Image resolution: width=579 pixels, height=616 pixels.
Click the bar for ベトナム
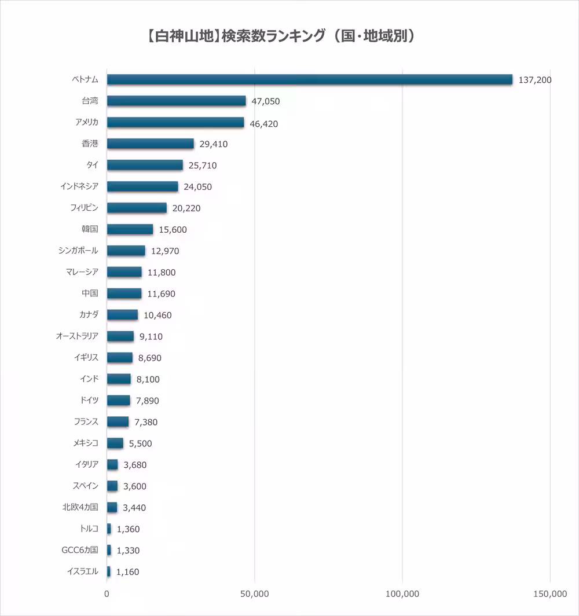[310, 79]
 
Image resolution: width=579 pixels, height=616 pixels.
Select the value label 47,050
[266, 101]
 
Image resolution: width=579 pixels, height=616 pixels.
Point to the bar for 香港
[151, 144]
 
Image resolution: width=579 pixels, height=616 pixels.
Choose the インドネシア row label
[79, 186]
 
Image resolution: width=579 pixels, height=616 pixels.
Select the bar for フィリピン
[137, 208]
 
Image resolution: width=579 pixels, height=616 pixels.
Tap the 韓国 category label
[90, 229]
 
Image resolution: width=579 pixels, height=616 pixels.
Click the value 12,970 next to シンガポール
[165, 251]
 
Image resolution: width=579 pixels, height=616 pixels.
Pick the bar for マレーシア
[124, 272]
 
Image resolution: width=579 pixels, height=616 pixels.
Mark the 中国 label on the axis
[90, 294]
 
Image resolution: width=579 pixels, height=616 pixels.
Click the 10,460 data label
[157, 316]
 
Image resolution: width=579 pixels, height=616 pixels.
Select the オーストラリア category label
[77, 336]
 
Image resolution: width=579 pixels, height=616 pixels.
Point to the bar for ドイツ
[119, 401]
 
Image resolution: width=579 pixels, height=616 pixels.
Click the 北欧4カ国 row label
[80, 507]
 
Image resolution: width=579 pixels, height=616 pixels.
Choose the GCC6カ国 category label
[80, 550]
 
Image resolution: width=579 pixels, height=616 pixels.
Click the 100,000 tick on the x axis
[402, 594]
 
